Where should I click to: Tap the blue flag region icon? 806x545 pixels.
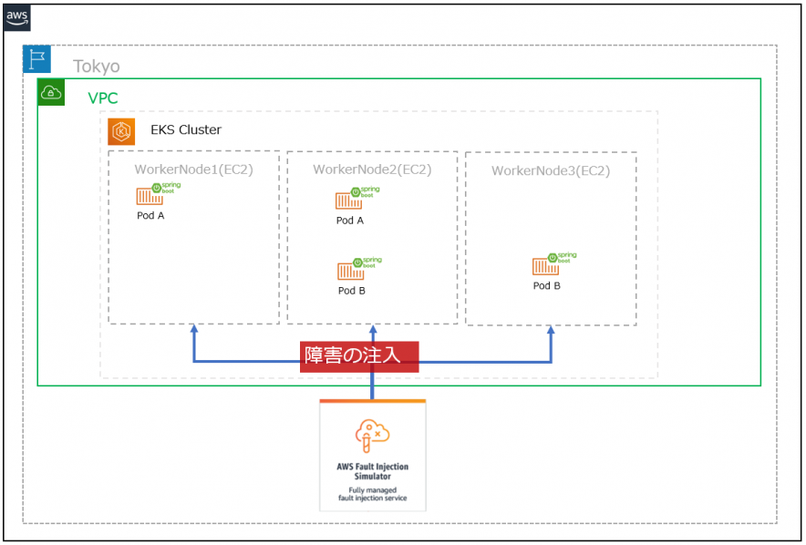(37, 59)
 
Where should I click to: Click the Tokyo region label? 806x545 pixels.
(97, 67)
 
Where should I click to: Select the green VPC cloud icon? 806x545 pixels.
(51, 92)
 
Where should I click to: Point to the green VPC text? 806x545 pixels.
(103, 98)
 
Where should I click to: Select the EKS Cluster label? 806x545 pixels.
(186, 130)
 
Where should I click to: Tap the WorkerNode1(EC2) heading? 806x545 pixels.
(193, 169)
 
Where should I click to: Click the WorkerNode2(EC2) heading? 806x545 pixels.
(372, 169)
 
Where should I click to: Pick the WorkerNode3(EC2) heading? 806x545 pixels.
(551, 170)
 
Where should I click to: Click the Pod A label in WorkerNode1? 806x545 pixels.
(150, 216)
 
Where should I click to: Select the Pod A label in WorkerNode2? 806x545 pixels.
(350, 221)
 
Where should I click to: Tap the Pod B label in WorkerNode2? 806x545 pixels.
(352, 291)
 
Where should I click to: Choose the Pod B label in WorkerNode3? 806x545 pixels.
(547, 285)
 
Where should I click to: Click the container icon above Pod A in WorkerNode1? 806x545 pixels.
(150, 196)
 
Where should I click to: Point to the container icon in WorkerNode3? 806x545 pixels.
(546, 265)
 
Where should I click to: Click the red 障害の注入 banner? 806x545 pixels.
(359, 355)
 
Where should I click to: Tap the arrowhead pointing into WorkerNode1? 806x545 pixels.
(194, 329)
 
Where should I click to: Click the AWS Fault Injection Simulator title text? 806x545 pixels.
(373, 470)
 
